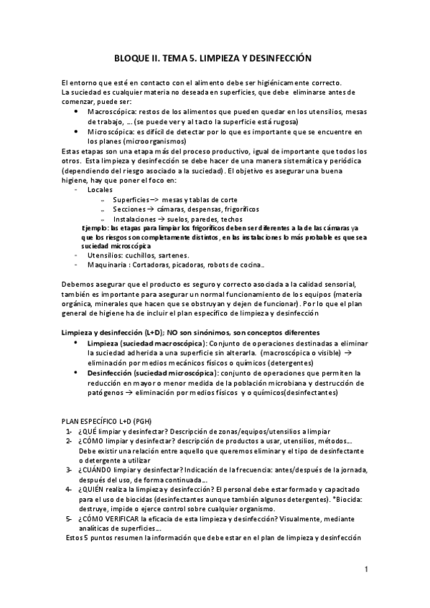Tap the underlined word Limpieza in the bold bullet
(102, 343)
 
